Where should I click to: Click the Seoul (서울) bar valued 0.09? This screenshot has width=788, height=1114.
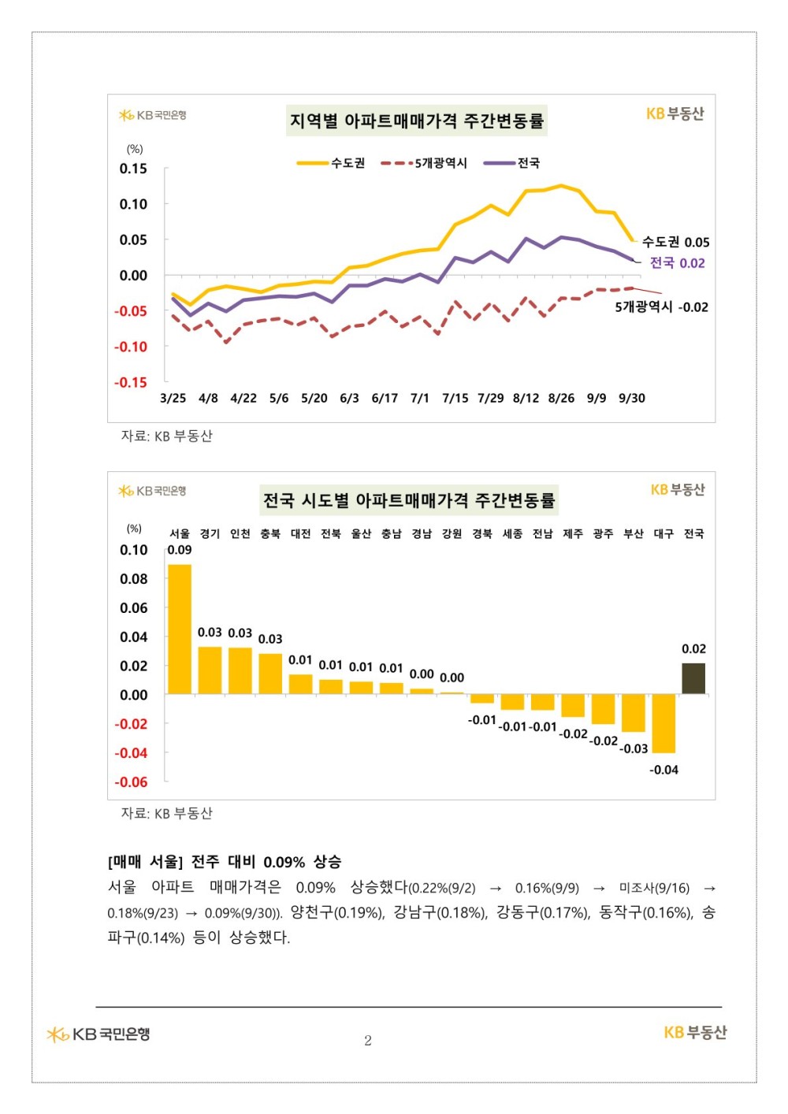point(180,629)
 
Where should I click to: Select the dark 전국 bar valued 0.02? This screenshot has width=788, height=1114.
point(693,678)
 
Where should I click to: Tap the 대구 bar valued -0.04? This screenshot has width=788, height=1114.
point(663,723)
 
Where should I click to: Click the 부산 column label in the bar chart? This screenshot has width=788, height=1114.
point(634,534)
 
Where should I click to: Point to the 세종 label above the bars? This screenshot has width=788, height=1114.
point(512,534)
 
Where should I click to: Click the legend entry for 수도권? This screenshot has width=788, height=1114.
point(332,163)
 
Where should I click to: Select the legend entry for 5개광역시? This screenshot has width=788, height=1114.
point(425,163)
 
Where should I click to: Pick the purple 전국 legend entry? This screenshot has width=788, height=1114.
point(513,163)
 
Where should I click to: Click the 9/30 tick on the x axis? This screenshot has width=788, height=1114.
point(632,398)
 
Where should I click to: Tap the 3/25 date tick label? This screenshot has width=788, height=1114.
point(173,398)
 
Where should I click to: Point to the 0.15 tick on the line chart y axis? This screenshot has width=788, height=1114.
point(133,169)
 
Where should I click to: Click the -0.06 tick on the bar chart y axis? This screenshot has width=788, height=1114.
point(131,782)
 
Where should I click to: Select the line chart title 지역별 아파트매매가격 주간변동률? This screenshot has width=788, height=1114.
point(416,121)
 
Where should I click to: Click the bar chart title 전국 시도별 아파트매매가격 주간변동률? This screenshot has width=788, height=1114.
point(409,500)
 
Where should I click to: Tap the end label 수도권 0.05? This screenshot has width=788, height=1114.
point(675,242)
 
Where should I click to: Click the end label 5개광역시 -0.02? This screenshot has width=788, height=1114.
point(661,307)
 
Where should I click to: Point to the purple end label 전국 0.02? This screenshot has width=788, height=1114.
point(677,263)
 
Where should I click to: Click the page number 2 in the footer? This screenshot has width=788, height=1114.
point(368,1041)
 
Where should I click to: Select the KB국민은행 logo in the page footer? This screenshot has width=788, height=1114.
point(98,1034)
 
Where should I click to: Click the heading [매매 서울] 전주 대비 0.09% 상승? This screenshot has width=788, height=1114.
point(225,862)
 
